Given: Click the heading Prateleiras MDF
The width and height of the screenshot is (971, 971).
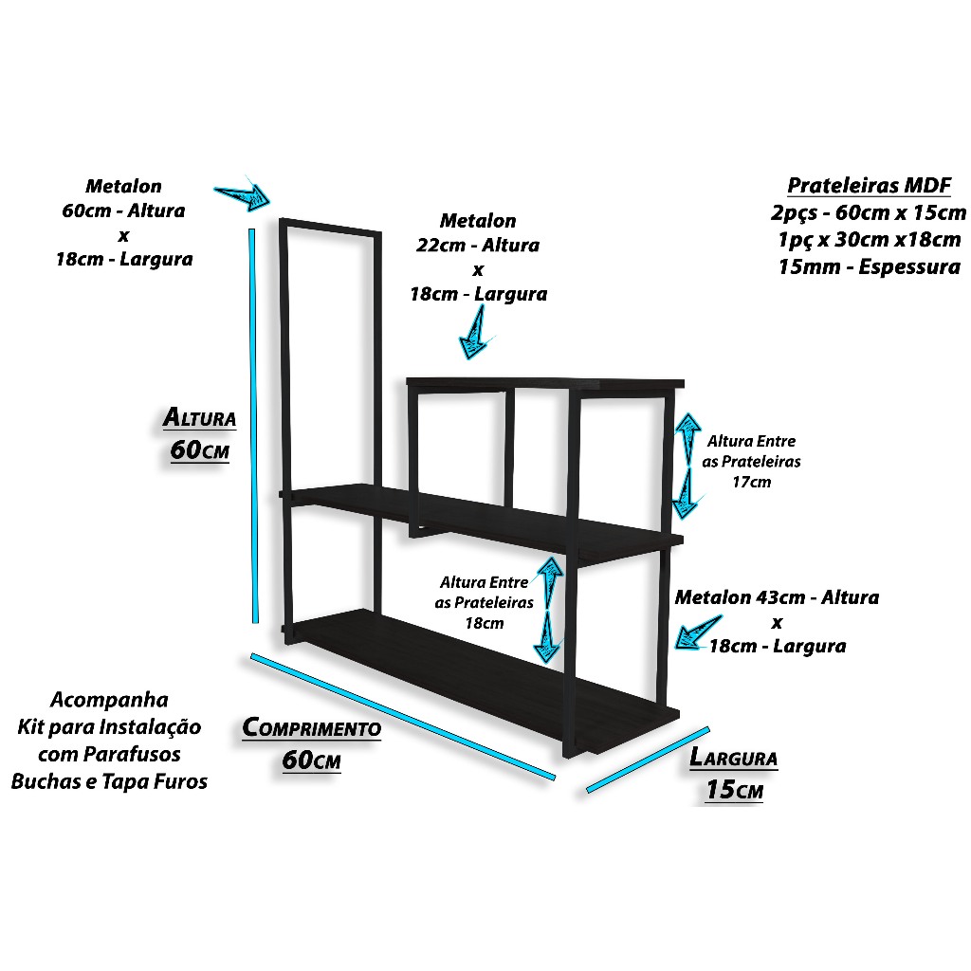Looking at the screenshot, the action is [x=869, y=185].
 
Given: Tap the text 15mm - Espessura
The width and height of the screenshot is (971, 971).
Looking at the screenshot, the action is [x=869, y=266].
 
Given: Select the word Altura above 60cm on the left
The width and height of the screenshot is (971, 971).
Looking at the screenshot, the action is [x=199, y=417].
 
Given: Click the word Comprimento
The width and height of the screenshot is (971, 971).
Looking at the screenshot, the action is [x=311, y=727].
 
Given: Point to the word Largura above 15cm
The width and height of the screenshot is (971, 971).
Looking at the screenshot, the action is [x=733, y=758].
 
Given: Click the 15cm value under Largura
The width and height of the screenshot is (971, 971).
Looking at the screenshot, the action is [x=735, y=790].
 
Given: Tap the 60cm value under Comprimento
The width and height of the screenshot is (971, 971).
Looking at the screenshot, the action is [x=311, y=760].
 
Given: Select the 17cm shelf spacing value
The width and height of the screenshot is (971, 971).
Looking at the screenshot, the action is [x=751, y=482].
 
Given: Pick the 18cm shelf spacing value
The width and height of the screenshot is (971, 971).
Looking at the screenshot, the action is [x=485, y=623].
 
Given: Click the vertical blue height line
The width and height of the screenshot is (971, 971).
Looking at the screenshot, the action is [x=252, y=426].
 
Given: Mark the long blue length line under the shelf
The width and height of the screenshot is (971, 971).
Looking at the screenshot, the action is [x=402, y=716].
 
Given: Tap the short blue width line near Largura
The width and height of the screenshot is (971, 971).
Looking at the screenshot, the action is [x=648, y=760].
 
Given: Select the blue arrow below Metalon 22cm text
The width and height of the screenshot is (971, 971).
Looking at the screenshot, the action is [x=476, y=334].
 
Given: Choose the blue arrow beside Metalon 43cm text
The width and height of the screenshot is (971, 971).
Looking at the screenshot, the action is [x=698, y=632].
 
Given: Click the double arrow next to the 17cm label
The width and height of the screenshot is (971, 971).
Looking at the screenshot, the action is [x=687, y=466].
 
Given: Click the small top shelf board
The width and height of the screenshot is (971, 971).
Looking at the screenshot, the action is [x=545, y=384].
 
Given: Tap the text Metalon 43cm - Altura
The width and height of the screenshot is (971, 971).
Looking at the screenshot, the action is [x=777, y=597].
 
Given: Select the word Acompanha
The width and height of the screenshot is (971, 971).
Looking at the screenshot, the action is [x=109, y=699].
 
